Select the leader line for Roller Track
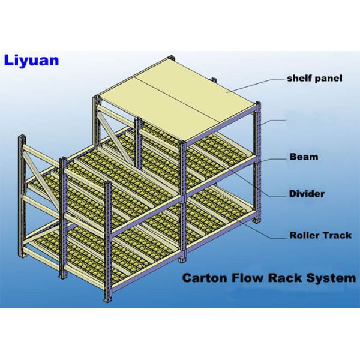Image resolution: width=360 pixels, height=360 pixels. click(264, 231)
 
